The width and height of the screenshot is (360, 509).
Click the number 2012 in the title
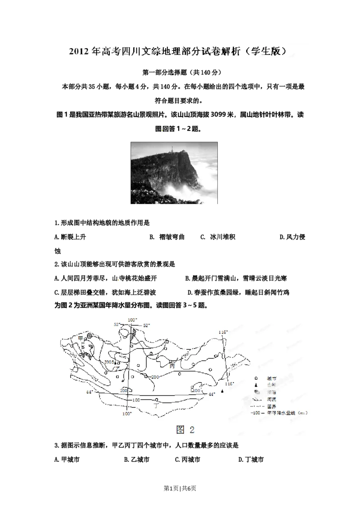(x=79, y=51)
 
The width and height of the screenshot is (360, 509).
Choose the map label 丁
(x=156, y=405)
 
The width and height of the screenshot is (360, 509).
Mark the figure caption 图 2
(x=185, y=429)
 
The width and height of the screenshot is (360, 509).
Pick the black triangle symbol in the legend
(x=256, y=385)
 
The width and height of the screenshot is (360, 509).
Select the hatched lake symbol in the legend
(x=256, y=392)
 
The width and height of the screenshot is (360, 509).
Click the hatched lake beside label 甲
(x=90, y=335)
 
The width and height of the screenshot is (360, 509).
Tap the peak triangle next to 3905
(x=116, y=362)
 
